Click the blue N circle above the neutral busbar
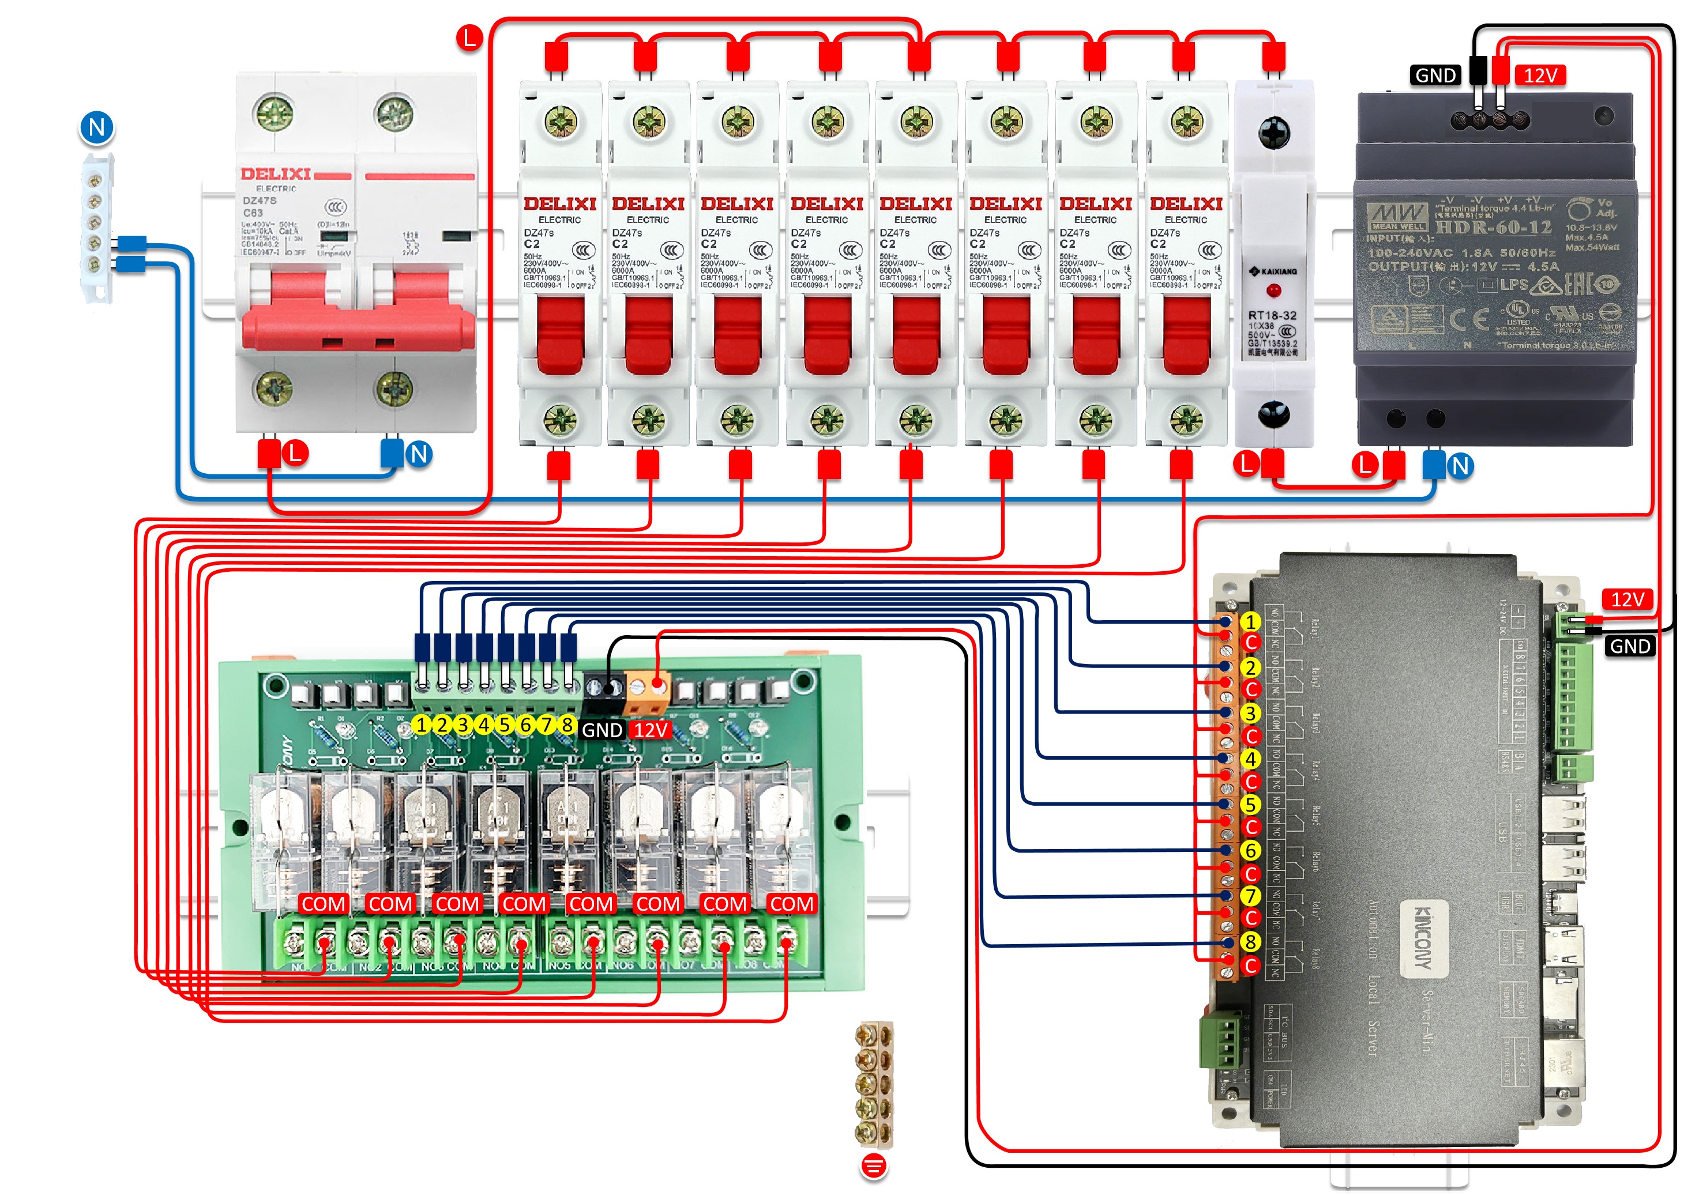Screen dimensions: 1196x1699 click(x=97, y=127)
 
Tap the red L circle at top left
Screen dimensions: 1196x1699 click(x=469, y=37)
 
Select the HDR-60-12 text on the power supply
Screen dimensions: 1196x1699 click(x=1493, y=227)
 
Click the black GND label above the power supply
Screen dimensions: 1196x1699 click(x=1435, y=76)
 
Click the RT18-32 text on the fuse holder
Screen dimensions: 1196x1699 click(x=1272, y=316)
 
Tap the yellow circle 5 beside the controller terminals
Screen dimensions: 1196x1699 click(x=1250, y=804)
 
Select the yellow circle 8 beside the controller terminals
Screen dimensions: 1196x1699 click(x=1250, y=942)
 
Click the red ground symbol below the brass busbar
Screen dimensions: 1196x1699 click(x=874, y=1167)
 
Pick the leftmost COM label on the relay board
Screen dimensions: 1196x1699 click(x=324, y=904)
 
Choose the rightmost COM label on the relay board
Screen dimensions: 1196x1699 click(x=791, y=904)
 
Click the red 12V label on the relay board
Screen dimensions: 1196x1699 click(x=651, y=730)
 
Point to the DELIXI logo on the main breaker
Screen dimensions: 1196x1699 click(x=275, y=175)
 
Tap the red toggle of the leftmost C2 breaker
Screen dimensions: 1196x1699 click(x=560, y=334)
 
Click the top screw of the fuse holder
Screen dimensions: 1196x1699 click(x=1273, y=133)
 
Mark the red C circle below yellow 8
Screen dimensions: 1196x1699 click(x=1250, y=965)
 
